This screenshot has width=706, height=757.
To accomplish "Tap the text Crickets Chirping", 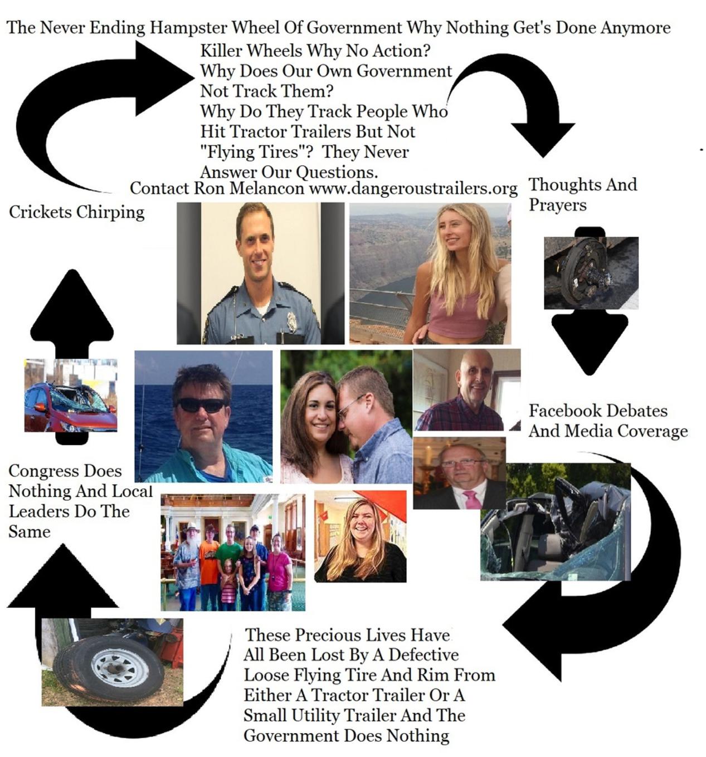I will pos(76,212).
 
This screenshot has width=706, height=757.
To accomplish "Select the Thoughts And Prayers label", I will pos(582,194).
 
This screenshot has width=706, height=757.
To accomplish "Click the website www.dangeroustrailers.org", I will pos(413,188).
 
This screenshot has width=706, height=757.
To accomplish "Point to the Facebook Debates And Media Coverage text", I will pos(607,421).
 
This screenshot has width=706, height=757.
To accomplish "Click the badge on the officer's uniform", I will pos(292,321).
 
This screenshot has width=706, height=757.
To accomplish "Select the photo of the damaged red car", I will pos(70,395).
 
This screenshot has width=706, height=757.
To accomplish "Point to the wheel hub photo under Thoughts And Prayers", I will pos(591,273).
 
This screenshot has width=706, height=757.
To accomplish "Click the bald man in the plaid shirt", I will pos(468,393).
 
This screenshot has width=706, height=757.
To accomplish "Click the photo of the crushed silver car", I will pos(555,524).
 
